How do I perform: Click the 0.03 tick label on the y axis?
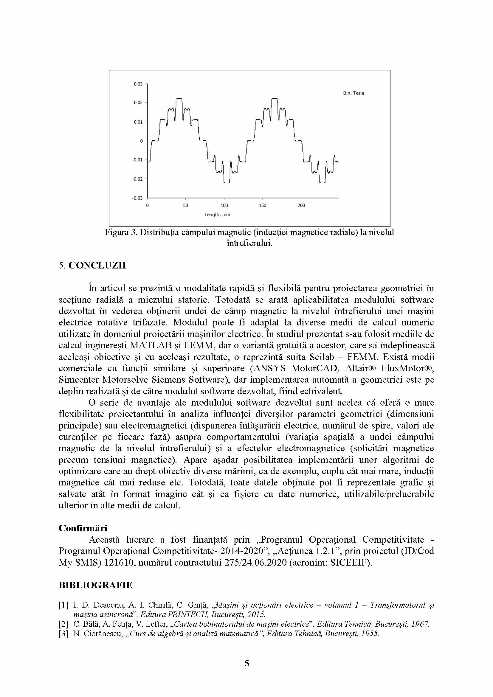tap(138, 84)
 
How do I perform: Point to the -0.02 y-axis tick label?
tap(137, 179)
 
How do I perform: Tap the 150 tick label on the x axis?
tap(263, 206)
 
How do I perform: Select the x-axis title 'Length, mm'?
tap(217, 215)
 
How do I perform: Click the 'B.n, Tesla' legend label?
tap(354, 93)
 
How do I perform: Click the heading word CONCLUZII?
tap(97, 265)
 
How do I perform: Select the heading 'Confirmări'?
tap(83, 528)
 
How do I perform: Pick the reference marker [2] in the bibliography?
tap(63, 624)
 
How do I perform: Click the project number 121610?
tap(120, 563)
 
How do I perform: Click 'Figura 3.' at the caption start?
tap(121, 232)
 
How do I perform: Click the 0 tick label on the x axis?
tap(148, 206)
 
